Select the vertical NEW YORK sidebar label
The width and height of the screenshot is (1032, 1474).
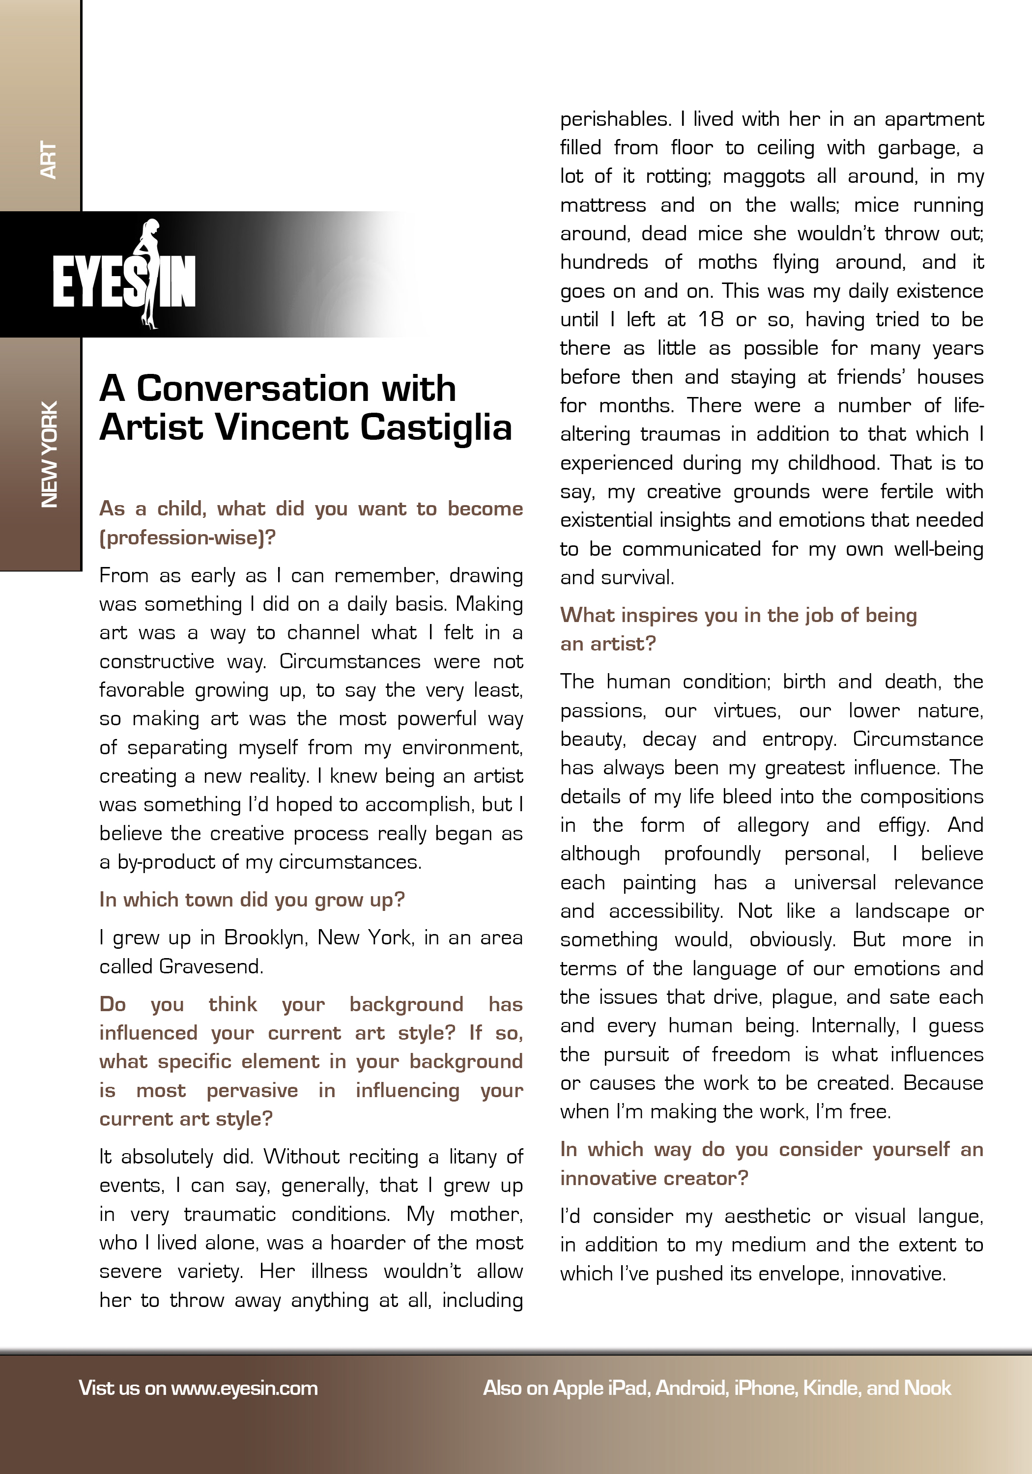50,454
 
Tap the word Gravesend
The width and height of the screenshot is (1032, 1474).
211,967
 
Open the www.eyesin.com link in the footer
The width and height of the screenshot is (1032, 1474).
244,1388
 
